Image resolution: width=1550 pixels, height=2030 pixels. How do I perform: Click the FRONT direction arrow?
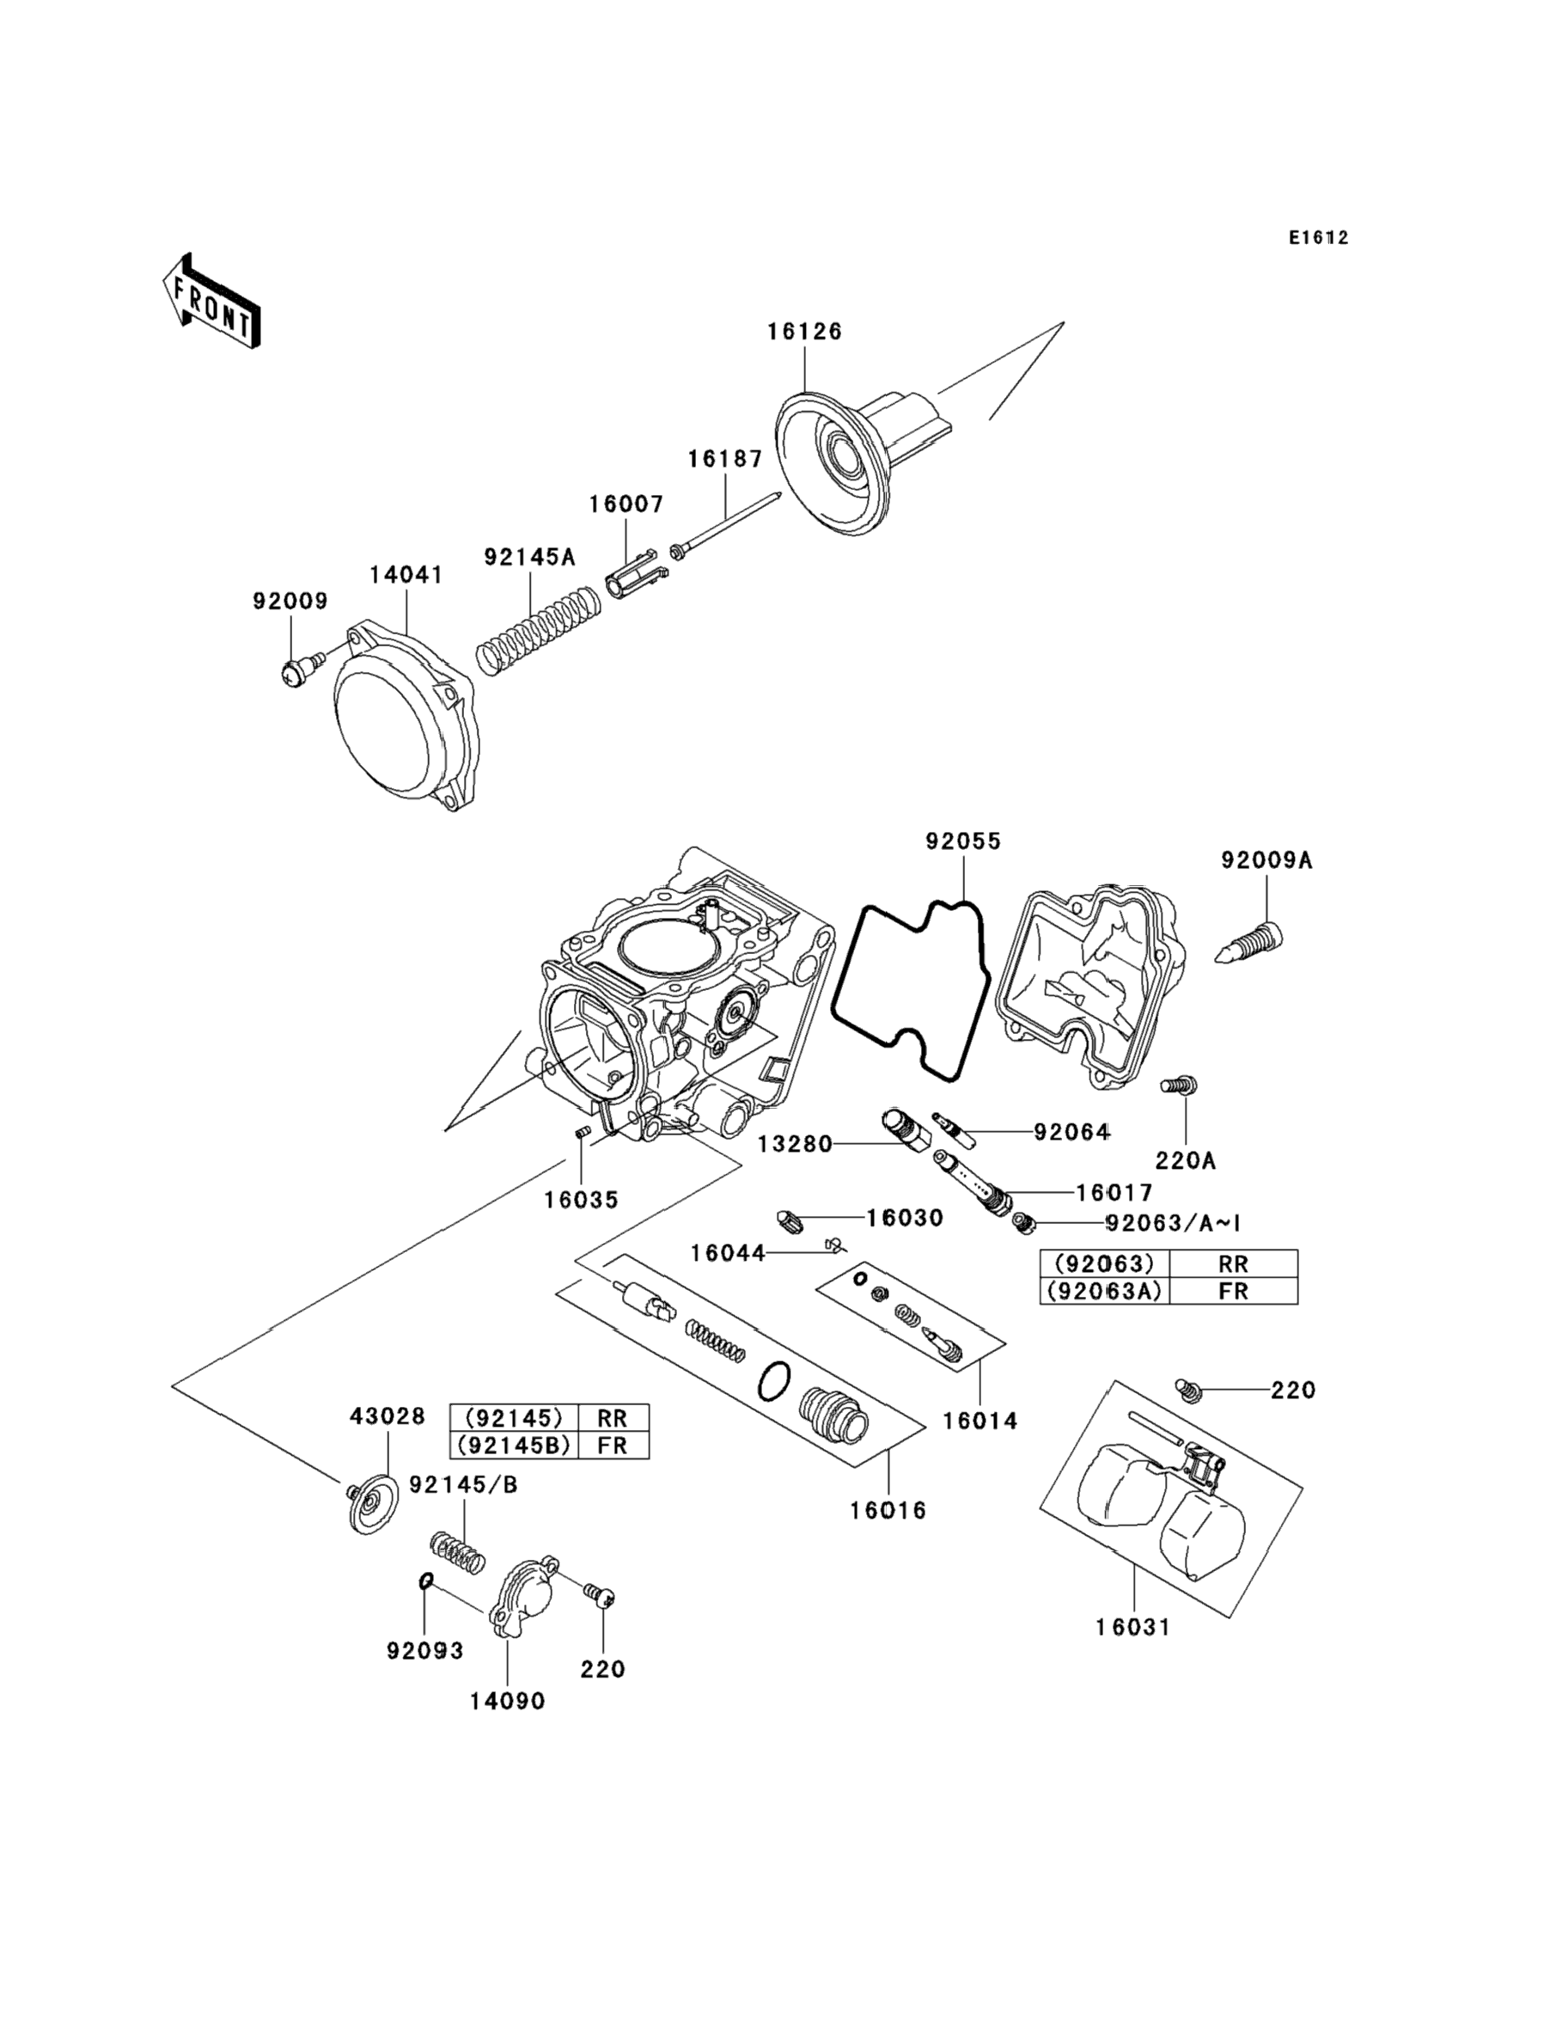coord(211,302)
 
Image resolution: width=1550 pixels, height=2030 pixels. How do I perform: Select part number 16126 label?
coord(804,331)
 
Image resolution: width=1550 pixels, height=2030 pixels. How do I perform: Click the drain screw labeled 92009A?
coord(1251,945)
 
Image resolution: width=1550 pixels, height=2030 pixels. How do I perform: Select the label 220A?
coord(1186,1160)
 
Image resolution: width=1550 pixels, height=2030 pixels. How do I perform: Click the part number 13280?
coord(795,1145)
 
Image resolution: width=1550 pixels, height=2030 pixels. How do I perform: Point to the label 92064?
coord(1071,1131)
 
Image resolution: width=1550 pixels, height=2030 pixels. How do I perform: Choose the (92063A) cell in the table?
coord(1104,1291)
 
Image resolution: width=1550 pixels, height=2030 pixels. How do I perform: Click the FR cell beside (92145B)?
coord(613,1445)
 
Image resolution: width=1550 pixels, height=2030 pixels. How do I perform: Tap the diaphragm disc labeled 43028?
coord(369,1506)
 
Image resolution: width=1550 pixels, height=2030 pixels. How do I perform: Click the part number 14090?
coord(508,1701)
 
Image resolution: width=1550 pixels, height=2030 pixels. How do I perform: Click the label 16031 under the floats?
coord(1133,1627)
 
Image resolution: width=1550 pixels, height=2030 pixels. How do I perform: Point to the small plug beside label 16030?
coord(791,1223)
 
